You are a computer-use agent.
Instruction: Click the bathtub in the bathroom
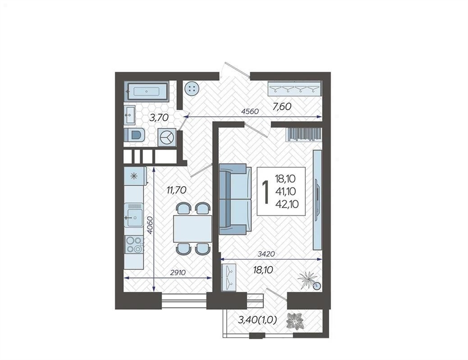[146, 91]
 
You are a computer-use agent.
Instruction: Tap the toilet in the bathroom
[135, 135]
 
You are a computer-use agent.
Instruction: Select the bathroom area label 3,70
[159, 118]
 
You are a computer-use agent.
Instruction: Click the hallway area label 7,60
[281, 106]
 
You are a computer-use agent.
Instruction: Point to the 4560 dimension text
[250, 112]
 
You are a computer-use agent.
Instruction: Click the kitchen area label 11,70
[177, 190]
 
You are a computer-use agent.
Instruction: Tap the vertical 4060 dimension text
[150, 225]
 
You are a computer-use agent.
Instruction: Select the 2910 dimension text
[178, 272]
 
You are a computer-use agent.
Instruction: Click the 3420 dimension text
[266, 254]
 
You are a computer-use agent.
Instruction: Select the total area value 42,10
[287, 204]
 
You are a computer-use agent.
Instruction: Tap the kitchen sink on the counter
[134, 215]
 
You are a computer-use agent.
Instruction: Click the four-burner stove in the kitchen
[134, 244]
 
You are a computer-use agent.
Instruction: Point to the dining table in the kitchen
[192, 229]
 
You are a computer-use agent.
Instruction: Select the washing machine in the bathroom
[166, 137]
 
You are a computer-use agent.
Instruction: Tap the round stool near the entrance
[191, 89]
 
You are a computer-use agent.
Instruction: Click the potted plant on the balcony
[295, 322]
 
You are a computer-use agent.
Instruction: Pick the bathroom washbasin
[130, 115]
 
